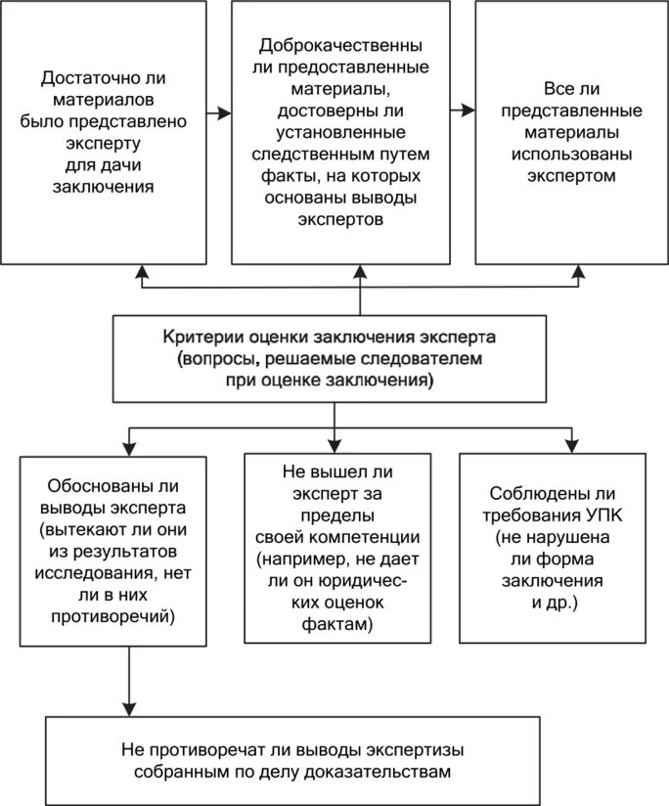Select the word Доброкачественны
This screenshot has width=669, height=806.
click(x=340, y=45)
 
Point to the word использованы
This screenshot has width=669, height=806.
click(x=571, y=155)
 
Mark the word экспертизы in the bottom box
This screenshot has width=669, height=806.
click(x=415, y=750)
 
